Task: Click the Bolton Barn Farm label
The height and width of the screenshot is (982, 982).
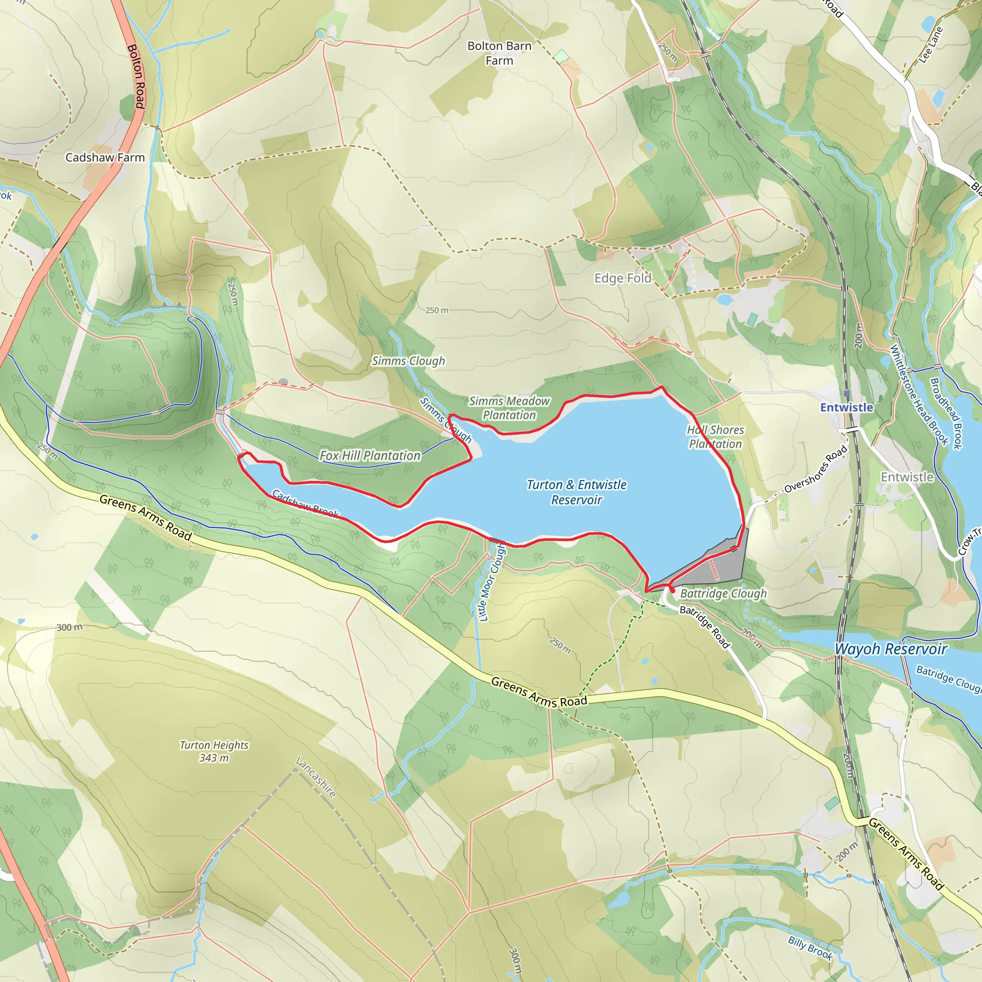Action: point(499,53)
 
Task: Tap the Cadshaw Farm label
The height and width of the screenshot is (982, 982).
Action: point(105,158)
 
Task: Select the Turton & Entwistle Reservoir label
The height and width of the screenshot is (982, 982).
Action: point(576,492)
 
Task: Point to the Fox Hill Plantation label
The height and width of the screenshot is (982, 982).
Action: point(370,456)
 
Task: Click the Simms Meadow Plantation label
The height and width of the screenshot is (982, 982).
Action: point(509,408)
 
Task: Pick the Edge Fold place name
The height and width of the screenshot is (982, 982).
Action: point(623,278)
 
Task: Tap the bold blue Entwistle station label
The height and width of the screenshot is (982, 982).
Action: point(846,407)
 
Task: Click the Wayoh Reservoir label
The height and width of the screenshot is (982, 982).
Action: point(890,649)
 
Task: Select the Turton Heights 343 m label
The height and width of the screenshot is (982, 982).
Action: point(214,751)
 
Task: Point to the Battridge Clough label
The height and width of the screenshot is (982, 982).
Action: point(723,593)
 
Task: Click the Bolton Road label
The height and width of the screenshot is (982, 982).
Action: point(136,76)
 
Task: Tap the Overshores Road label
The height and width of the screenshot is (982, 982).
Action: point(815,469)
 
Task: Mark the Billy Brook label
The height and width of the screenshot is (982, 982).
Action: point(810,948)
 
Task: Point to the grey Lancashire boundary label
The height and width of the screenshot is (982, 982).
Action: point(316,778)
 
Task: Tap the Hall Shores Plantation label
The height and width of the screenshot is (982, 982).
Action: point(715,437)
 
